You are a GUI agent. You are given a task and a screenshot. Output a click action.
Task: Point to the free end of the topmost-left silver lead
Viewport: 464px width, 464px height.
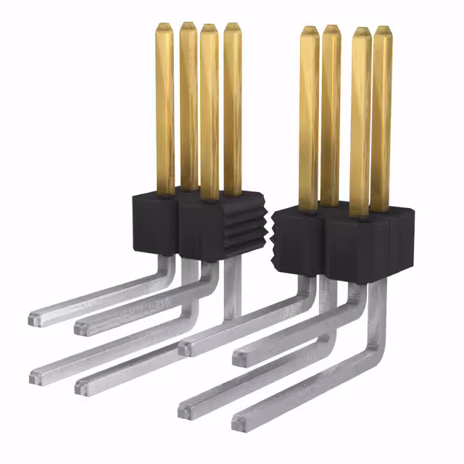pos(34,318)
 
